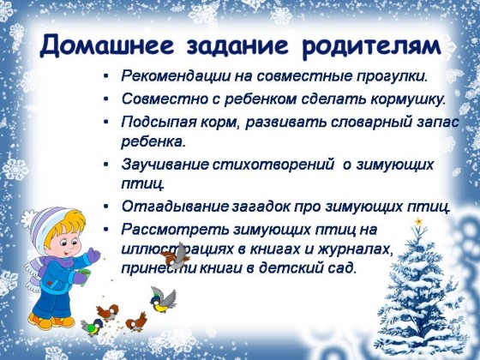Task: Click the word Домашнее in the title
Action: tap(107, 46)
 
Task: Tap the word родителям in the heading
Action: tap(371, 46)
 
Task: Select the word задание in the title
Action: tap(237, 46)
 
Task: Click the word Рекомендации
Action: tap(176, 76)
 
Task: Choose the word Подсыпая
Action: tap(159, 123)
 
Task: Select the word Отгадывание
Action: tap(175, 207)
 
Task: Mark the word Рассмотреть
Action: tap(175, 230)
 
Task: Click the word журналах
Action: tap(355, 249)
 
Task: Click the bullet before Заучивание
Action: tap(106, 165)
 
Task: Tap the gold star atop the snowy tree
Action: tap(418, 221)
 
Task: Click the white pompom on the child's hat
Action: tap(28, 219)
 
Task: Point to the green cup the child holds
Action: tap(85, 274)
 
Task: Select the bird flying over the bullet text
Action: tap(176, 256)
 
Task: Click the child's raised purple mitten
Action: tap(93, 256)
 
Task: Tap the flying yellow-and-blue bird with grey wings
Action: tap(163, 300)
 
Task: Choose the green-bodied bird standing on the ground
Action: tap(92, 327)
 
